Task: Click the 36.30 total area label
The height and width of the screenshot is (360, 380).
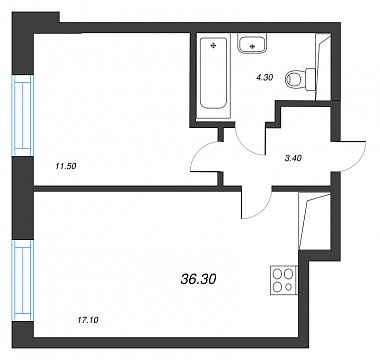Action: (x=198, y=279)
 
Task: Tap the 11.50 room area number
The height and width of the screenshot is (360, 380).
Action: (x=67, y=166)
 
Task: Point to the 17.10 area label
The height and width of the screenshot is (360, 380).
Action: (x=88, y=321)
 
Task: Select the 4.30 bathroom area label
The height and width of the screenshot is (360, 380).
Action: (x=265, y=78)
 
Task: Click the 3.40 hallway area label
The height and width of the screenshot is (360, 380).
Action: (x=293, y=159)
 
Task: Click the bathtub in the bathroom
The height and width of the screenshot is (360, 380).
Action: (x=214, y=73)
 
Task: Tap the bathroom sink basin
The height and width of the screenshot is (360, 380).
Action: (x=252, y=45)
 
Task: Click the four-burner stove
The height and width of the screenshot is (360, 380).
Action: (x=284, y=280)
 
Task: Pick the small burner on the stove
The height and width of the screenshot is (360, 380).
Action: (x=289, y=287)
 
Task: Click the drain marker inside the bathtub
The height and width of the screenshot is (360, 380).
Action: (x=213, y=46)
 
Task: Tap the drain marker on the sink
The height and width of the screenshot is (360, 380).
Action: (x=252, y=47)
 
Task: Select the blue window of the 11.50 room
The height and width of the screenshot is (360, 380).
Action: (x=23, y=115)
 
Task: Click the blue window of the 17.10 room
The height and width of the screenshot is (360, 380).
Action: (x=23, y=281)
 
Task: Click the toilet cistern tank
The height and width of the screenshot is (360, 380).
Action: (x=311, y=79)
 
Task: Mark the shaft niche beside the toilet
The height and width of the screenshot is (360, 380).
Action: (x=323, y=67)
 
